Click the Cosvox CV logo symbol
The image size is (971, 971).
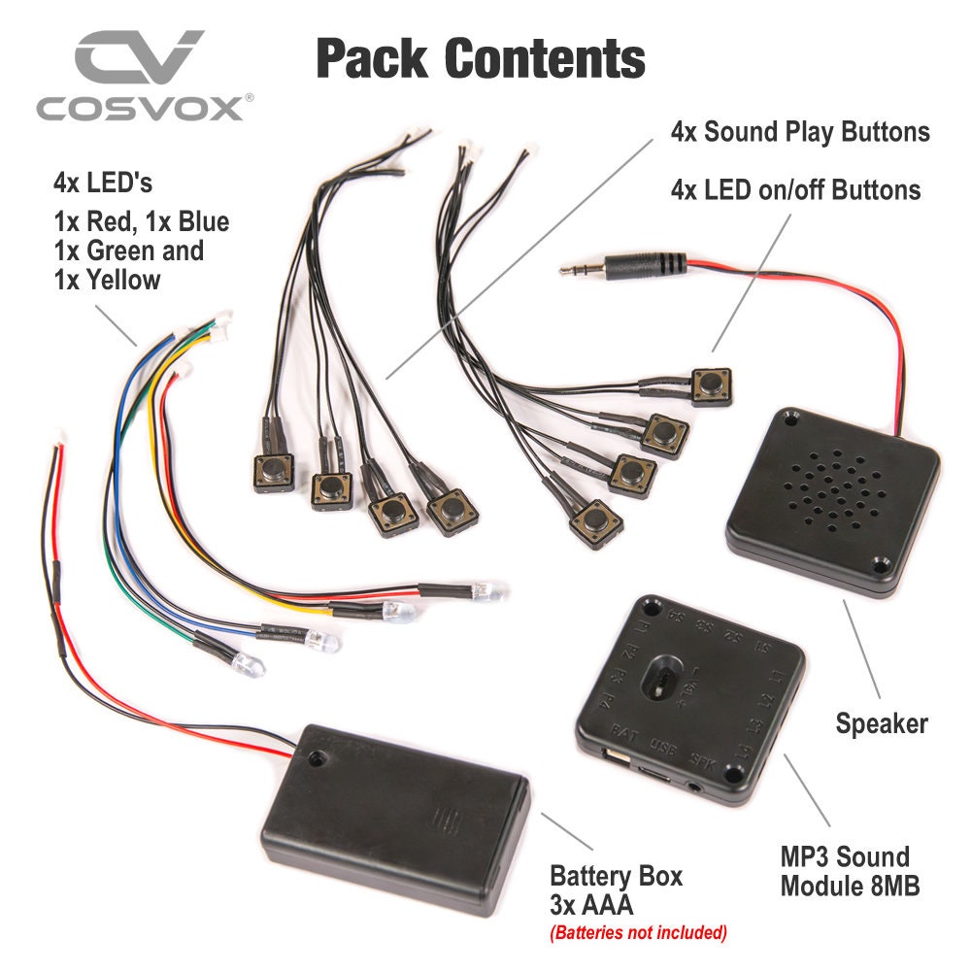pos(140,59)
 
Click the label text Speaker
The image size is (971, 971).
pos(882,723)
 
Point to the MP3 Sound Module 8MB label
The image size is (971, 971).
pos(845,871)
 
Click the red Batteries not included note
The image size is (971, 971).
pos(638,933)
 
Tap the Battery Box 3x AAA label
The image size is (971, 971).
pos(616,890)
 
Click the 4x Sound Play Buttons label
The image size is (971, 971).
pos(800,132)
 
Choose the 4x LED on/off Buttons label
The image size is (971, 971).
pos(795,189)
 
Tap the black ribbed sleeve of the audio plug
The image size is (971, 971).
pos(654,263)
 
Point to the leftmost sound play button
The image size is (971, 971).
pos(274,472)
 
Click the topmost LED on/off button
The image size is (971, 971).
pos(712,386)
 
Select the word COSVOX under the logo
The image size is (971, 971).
pos(140,107)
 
